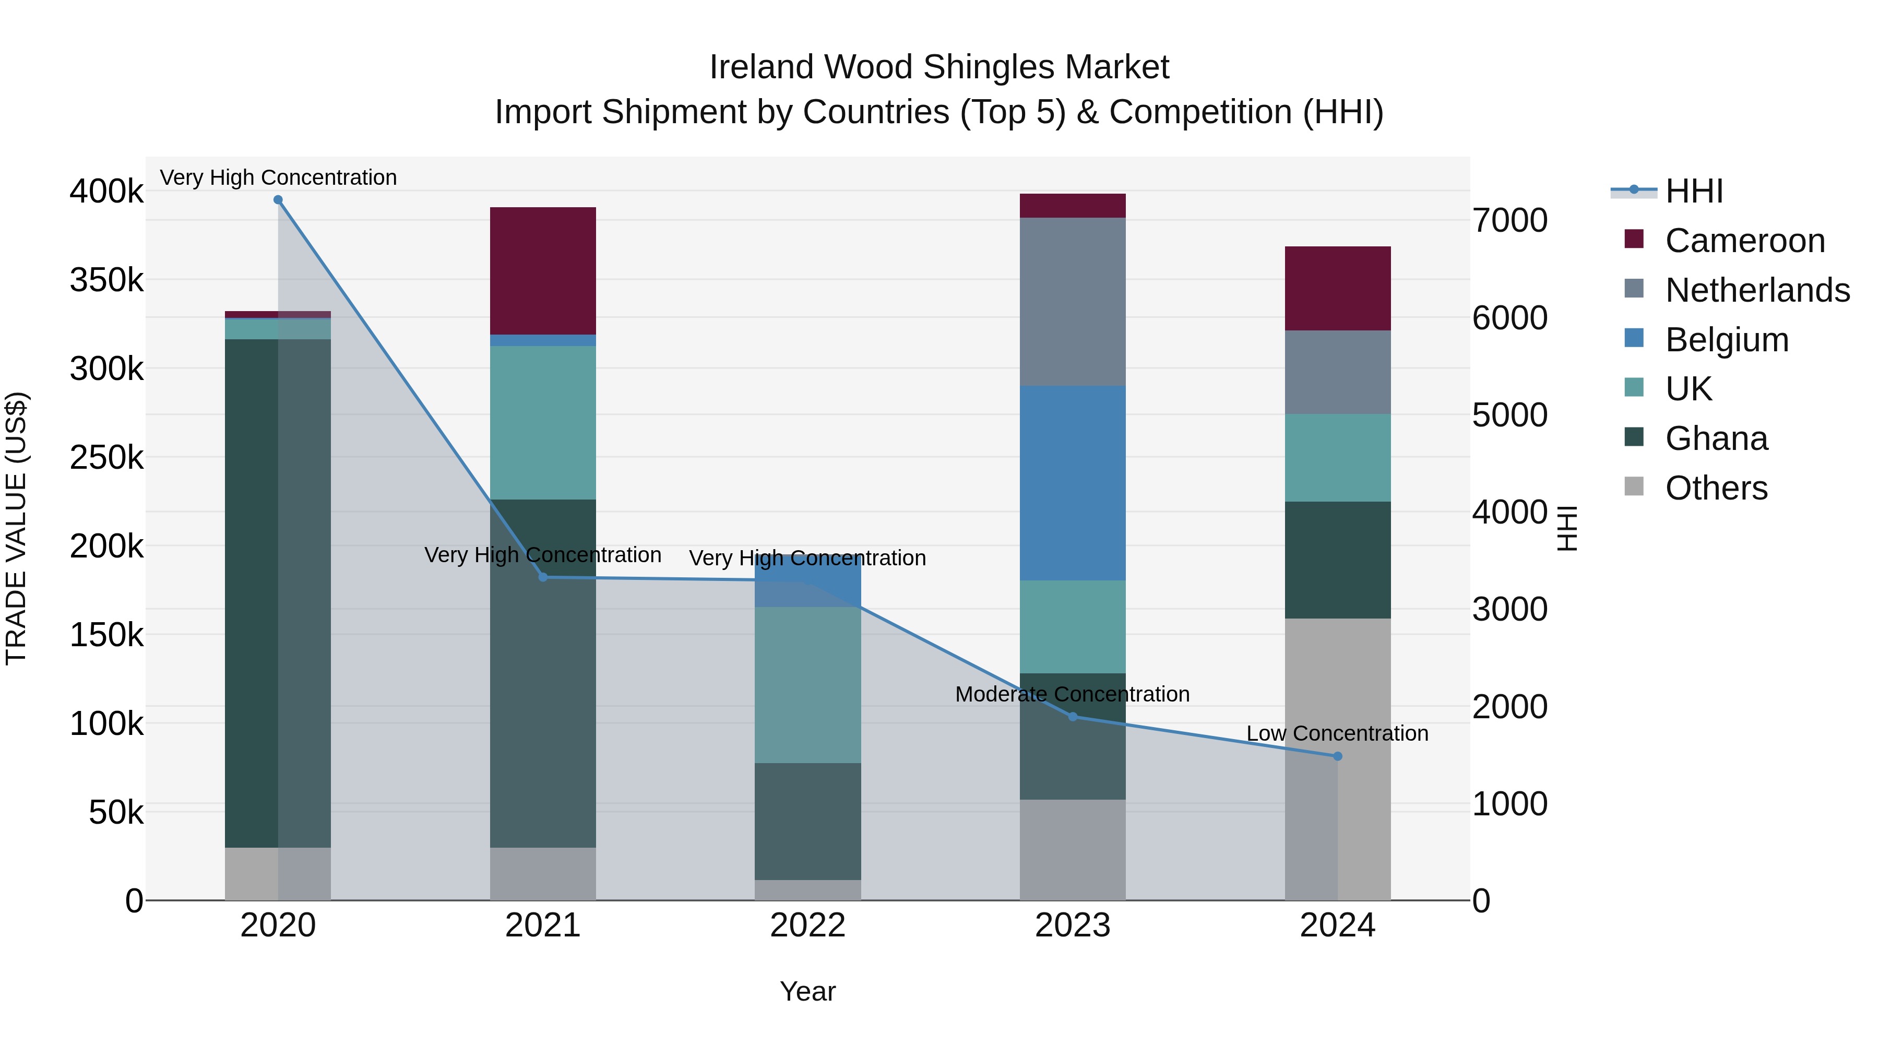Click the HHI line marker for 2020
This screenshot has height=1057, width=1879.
pos(278,200)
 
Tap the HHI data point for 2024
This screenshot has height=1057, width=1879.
pos(1337,756)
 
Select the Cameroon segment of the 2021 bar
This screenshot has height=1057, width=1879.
pos(543,270)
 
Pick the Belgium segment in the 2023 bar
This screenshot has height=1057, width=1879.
pos(1072,483)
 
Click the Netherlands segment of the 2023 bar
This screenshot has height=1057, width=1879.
pos(1072,301)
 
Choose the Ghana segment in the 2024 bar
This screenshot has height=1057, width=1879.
pos(1337,560)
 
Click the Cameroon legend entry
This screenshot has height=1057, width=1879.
pos(1744,241)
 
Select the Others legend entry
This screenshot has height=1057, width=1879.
pos(1716,488)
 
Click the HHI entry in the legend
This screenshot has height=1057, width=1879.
pos(1694,191)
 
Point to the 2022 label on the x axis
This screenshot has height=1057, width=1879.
pos(807,925)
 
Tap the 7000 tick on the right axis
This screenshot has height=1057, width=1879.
pos(1509,220)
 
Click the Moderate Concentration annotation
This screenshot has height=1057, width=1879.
pos(1072,694)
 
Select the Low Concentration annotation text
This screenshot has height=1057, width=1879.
pos(1337,734)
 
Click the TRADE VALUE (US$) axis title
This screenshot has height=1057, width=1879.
pos(17,528)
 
